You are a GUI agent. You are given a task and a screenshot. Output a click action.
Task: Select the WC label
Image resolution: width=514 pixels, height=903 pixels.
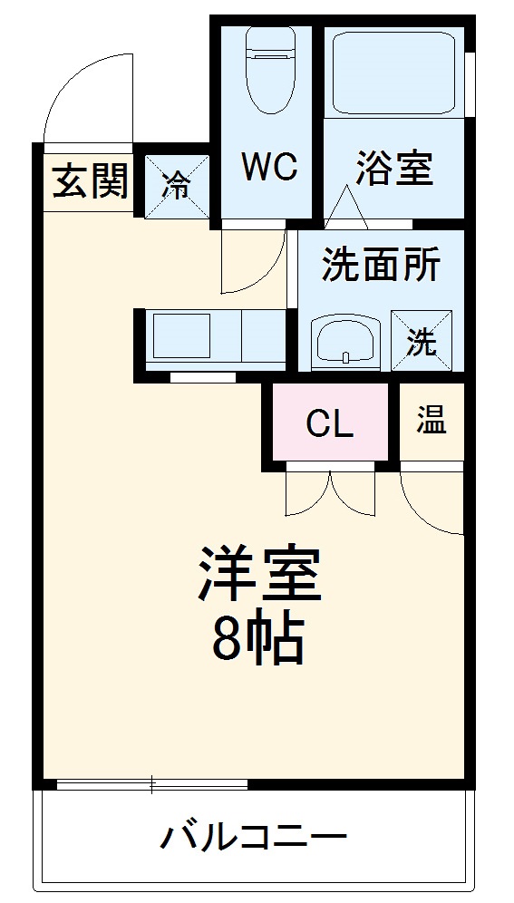pyautogui.click(x=268, y=168)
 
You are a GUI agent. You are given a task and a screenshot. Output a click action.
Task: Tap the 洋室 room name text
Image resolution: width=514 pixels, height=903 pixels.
pyautogui.click(x=261, y=575)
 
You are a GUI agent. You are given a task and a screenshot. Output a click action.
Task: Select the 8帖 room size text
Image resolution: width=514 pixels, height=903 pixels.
pyautogui.click(x=257, y=641)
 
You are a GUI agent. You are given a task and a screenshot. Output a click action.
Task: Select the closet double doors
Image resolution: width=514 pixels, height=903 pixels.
pyautogui.click(x=330, y=493)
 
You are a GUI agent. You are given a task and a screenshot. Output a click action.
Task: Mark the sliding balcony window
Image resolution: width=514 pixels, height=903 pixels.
pyautogui.click(x=151, y=783)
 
